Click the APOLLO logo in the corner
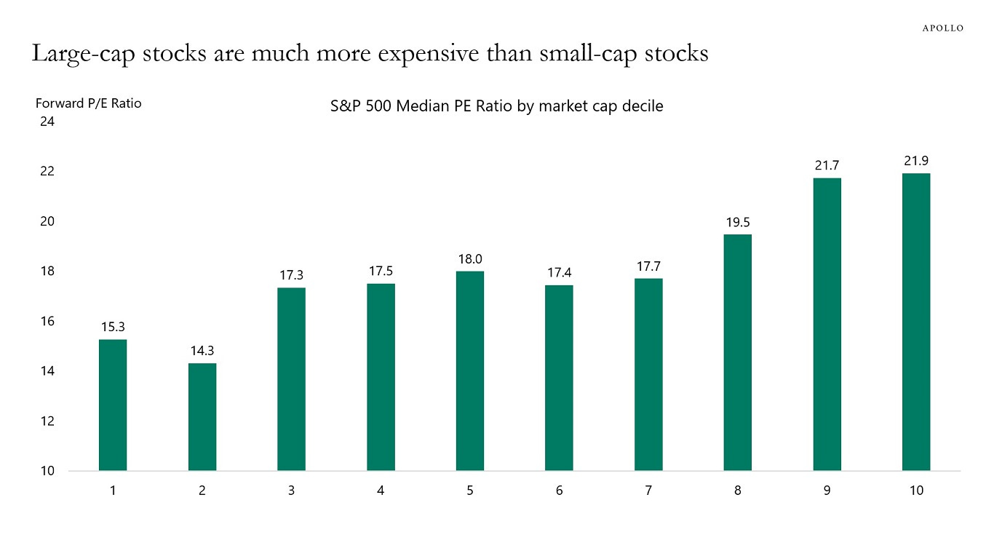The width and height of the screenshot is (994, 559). (943, 28)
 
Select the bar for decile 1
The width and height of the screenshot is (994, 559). (113, 405)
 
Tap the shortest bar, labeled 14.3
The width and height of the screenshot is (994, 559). (202, 416)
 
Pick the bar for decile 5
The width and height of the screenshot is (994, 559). (470, 370)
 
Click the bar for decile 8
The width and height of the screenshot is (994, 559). (738, 352)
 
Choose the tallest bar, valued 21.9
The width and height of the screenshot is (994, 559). (916, 322)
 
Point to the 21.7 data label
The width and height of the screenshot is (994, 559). (827, 166)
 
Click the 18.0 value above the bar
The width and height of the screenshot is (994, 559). (470, 259)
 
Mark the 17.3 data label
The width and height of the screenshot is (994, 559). (291, 276)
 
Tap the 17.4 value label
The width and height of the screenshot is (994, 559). (559, 274)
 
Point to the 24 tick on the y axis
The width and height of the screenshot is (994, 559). (47, 122)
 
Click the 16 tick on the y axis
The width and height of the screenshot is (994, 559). (47, 321)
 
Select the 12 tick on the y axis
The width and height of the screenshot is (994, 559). (47, 421)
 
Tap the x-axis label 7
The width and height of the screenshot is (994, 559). (648, 491)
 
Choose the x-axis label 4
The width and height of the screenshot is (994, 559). (381, 491)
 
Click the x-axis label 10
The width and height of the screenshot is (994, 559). (916, 491)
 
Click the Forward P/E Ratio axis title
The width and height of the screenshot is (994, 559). (88, 103)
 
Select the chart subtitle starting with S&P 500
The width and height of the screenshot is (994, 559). (497, 106)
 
